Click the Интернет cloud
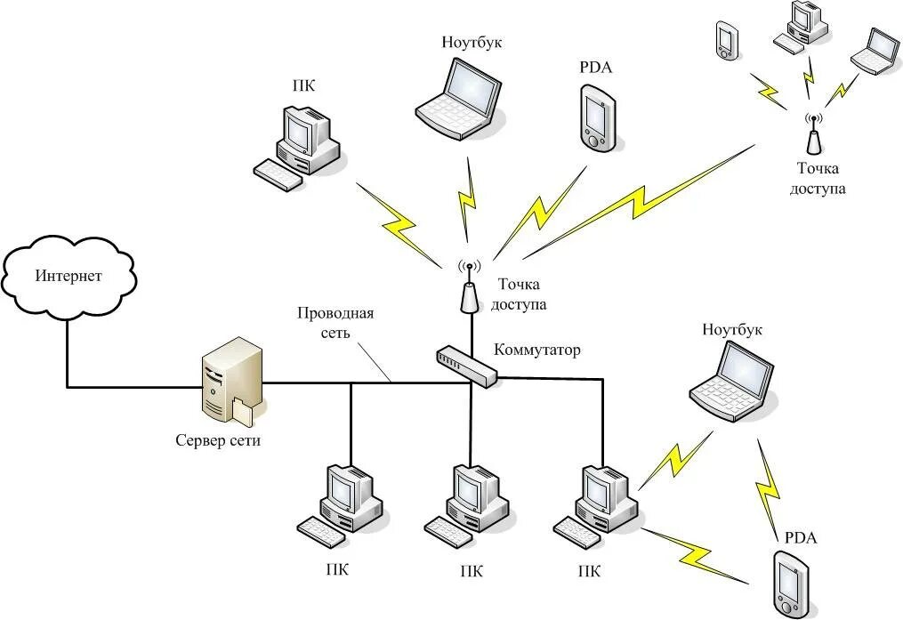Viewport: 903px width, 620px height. point(69,277)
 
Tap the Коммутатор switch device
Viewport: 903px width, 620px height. point(466,366)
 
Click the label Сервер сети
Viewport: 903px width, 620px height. point(218,441)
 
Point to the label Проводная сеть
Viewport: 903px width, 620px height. point(335,322)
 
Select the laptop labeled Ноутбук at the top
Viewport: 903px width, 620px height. point(458,98)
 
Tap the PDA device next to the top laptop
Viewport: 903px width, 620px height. point(597,118)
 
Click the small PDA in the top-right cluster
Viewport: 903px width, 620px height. point(726,40)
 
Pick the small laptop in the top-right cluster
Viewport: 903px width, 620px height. point(875,52)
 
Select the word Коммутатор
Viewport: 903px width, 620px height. point(537,350)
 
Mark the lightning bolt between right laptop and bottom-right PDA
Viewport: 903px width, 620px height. point(769,485)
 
